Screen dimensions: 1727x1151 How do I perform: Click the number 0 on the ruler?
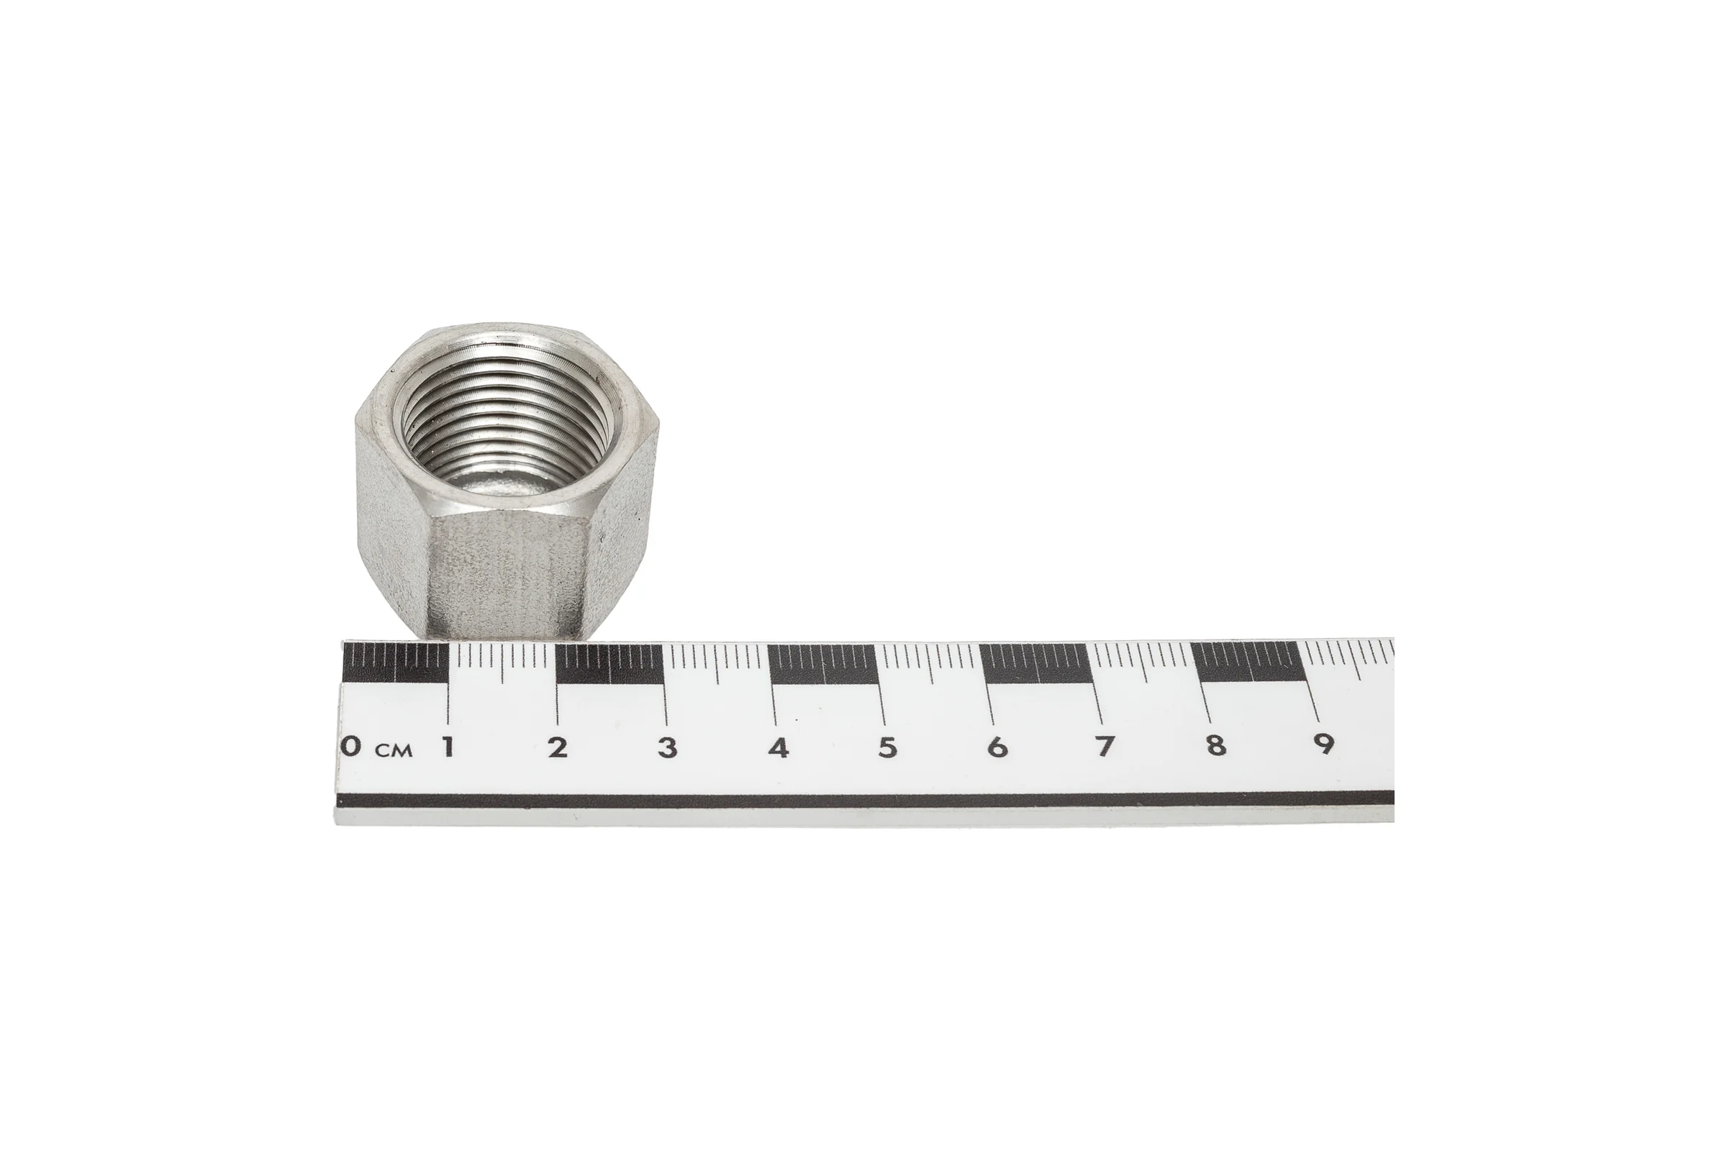(352, 747)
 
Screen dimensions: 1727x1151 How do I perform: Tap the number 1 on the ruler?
(447, 747)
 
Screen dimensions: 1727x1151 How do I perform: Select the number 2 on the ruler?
(558, 747)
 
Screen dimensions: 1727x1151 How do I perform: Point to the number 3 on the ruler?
(668, 747)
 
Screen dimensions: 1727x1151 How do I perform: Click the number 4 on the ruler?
(779, 747)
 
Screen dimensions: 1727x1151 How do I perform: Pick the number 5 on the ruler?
(888, 747)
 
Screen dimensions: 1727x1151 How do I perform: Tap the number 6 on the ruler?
(997, 747)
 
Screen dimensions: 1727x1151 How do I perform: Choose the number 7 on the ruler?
(1105, 746)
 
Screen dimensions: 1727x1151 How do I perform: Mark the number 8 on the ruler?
(1216, 746)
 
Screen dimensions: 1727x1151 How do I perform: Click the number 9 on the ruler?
(1324, 745)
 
